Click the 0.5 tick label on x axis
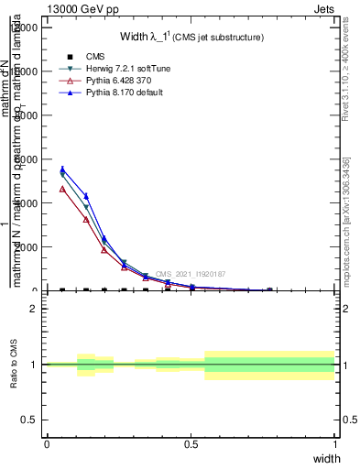tap(191, 444)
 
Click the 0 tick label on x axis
tap(47, 444)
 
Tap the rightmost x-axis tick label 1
tap(335, 444)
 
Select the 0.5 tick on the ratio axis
tap(30, 420)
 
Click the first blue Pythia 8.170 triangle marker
tap(61, 169)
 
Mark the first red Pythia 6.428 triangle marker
tap(61, 189)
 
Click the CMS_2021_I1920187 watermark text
tap(190, 274)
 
